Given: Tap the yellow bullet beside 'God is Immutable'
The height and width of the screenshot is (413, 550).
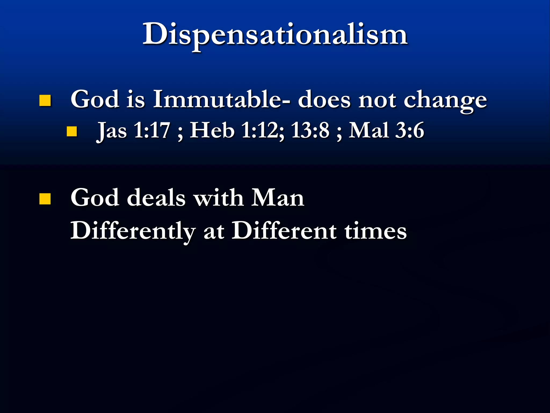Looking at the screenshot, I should coord(45,101).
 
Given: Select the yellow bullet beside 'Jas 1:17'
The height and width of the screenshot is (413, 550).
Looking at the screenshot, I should coord(72,131).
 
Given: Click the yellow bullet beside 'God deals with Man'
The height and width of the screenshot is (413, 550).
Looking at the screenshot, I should coord(45,199).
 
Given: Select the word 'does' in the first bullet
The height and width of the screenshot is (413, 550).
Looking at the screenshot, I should coord(324,99).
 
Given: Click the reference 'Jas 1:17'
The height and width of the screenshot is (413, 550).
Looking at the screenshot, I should coord(133,131).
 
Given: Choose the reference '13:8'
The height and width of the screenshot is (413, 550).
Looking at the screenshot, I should coord(310,131).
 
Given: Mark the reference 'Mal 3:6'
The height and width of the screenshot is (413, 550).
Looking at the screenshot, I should coord(386,131).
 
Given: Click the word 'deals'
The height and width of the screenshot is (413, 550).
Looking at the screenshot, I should coord(156,198).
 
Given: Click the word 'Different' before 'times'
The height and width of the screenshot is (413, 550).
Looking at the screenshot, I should coord(284,231).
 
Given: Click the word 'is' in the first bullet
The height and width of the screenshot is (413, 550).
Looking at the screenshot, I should coord(136,99).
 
